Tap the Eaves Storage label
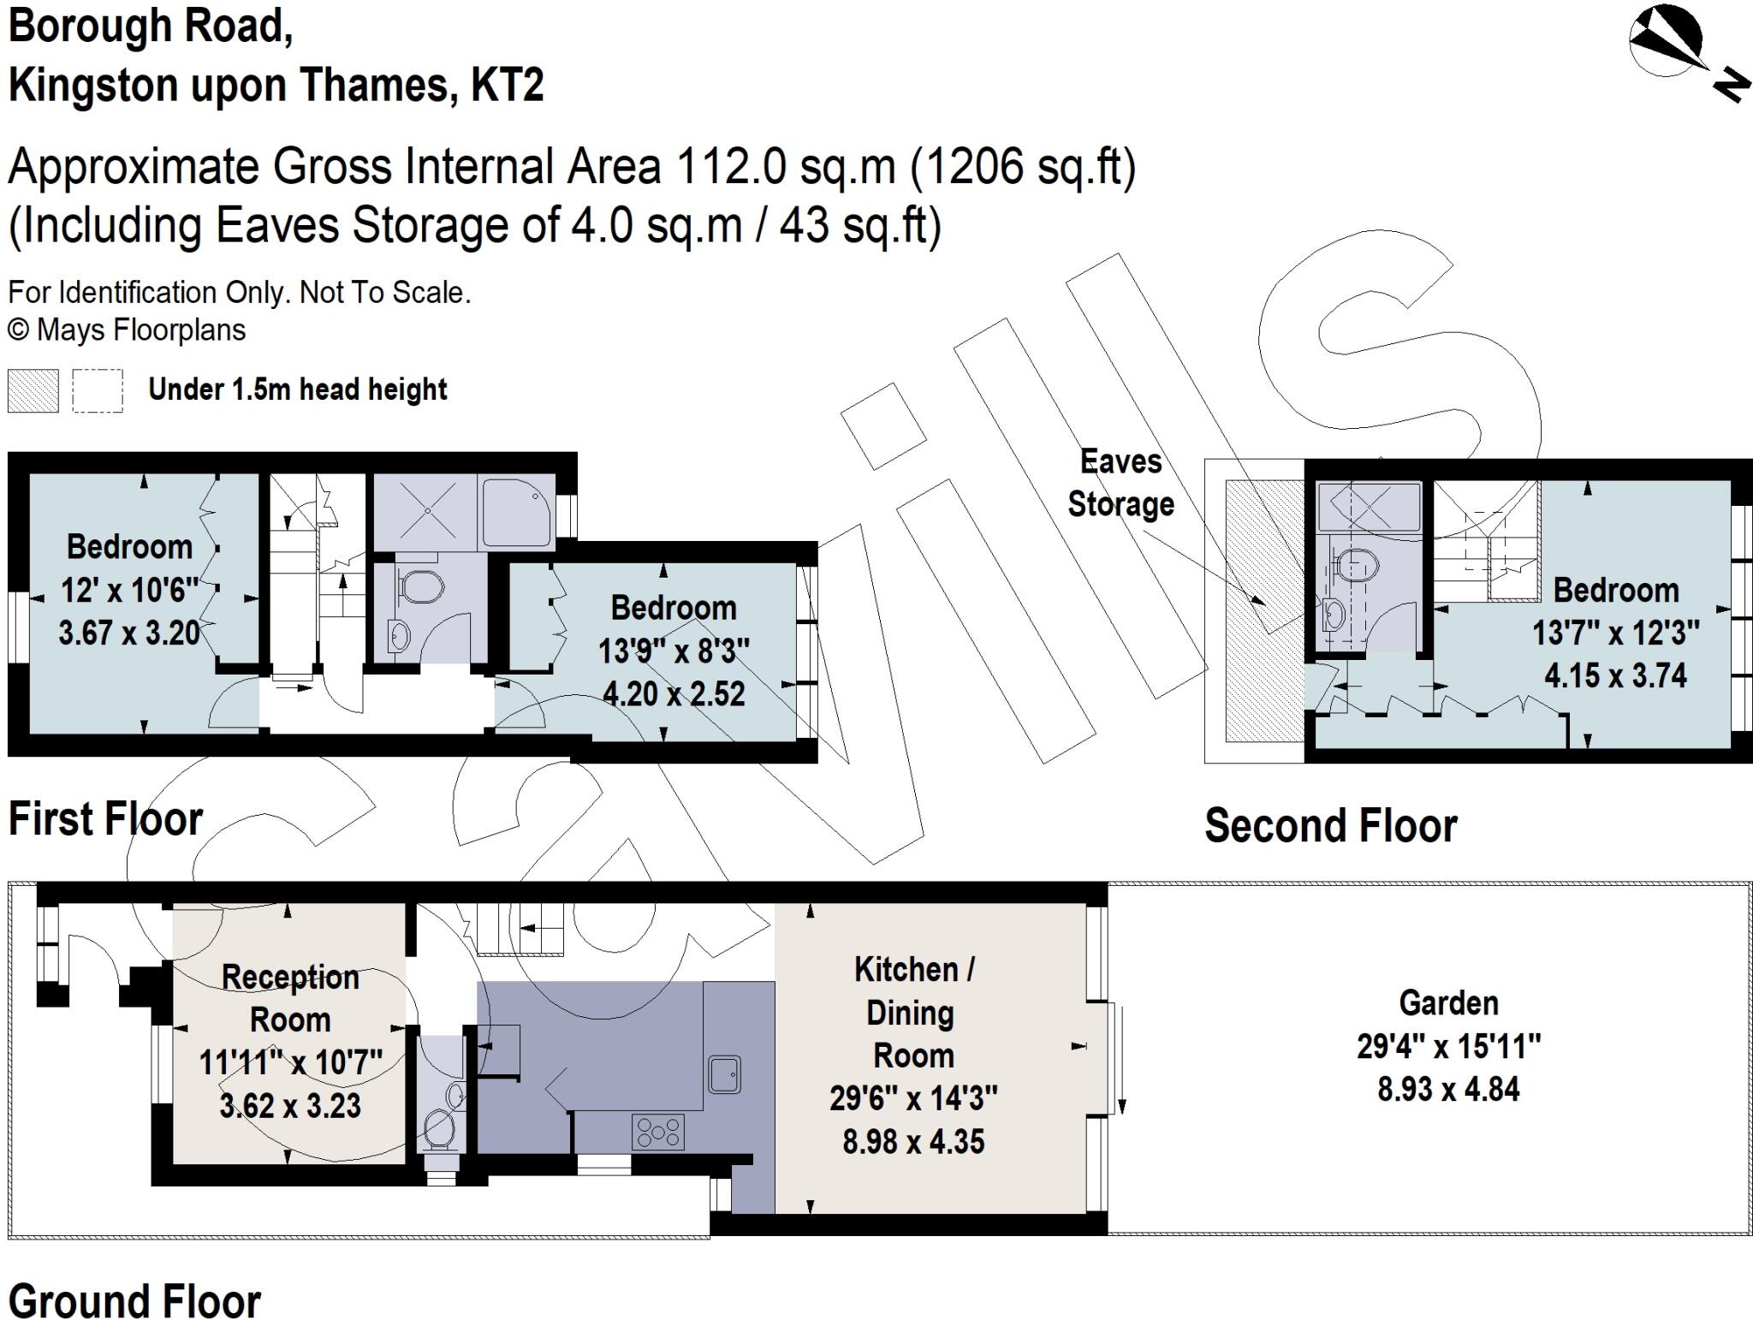(1120, 484)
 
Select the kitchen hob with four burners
(657, 1132)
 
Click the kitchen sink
(724, 1075)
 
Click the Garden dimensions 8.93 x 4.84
(1448, 1090)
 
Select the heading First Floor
(105, 819)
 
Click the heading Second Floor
(1330, 826)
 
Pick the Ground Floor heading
(134, 1302)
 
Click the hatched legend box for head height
(33, 391)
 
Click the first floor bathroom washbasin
(400, 634)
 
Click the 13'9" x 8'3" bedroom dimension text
(674, 651)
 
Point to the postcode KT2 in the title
(507, 86)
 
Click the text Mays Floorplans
(141, 330)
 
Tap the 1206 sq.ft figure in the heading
(1023, 167)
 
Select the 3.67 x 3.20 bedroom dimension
(129, 633)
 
